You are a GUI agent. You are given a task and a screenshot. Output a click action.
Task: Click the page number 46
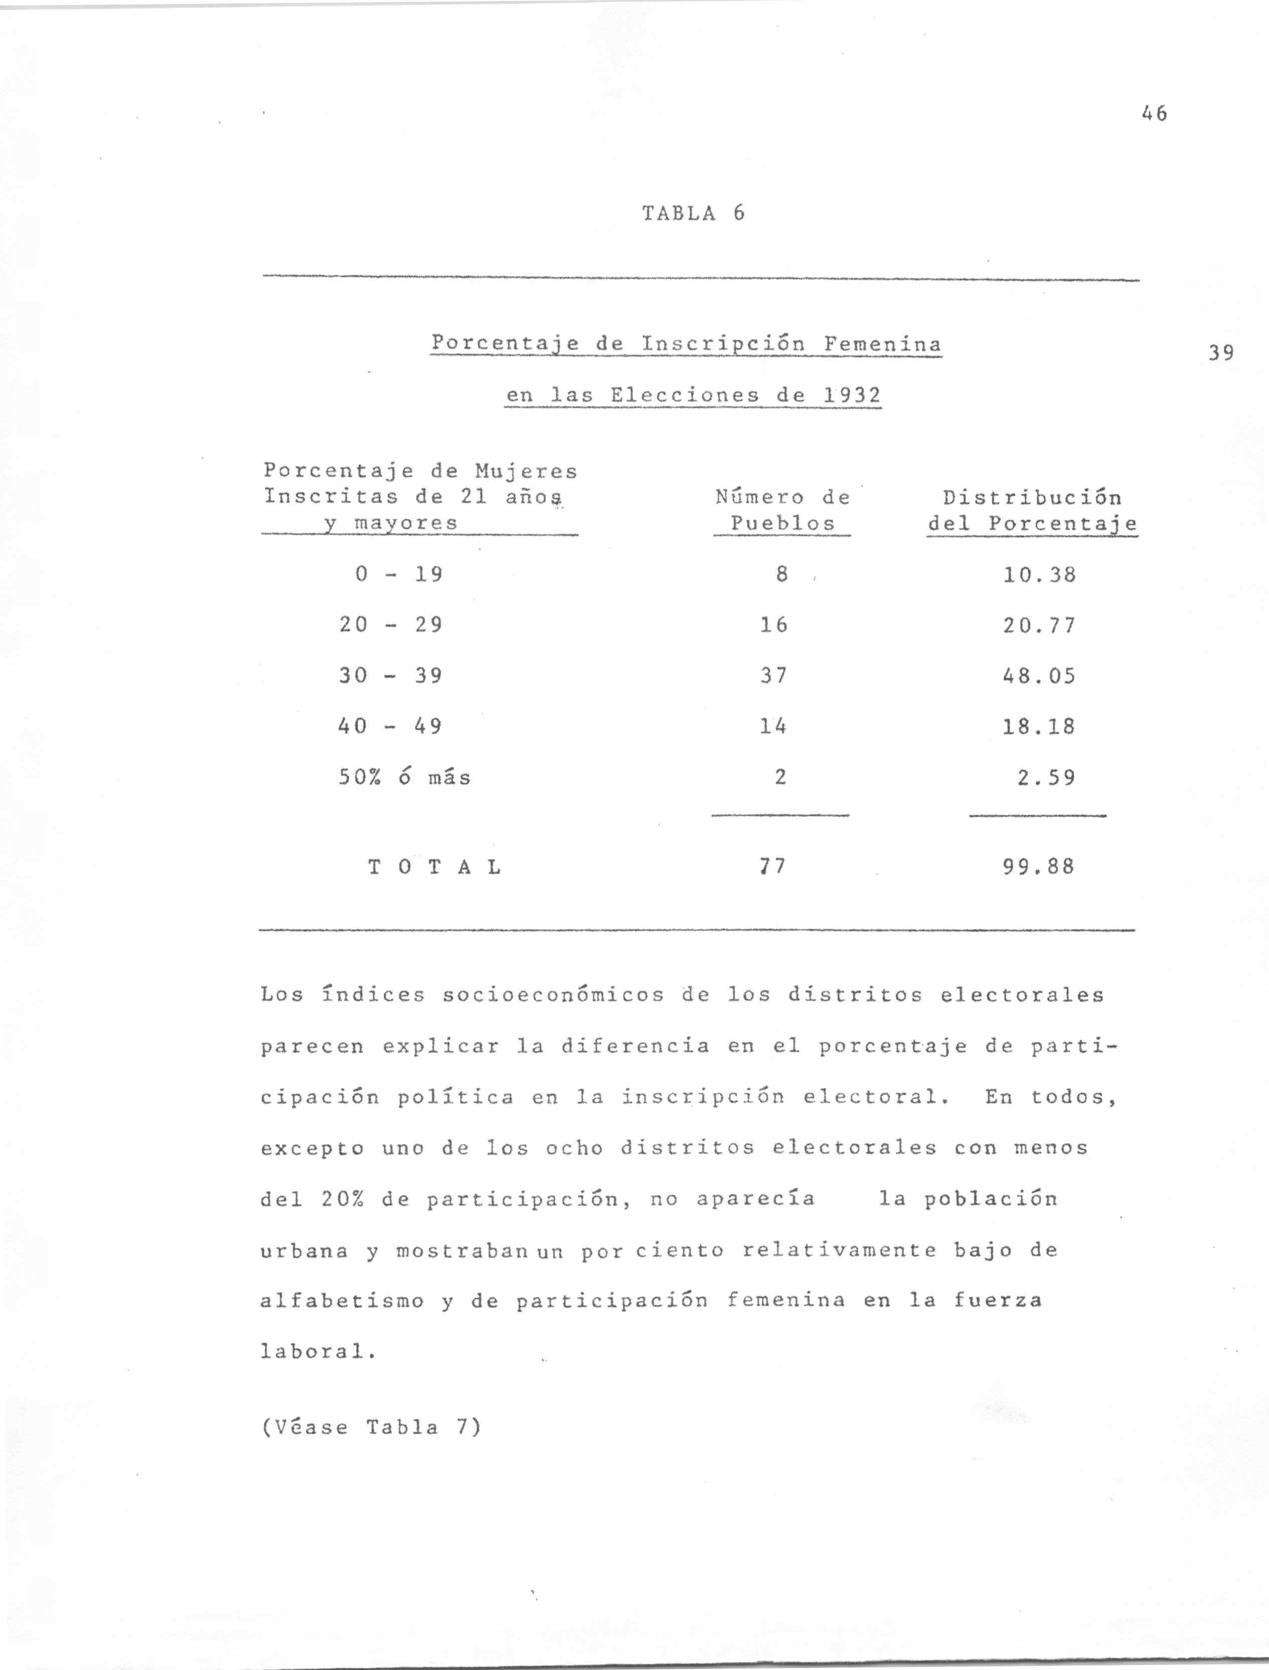(x=1154, y=114)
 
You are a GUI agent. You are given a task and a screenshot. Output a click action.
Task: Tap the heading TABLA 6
(x=693, y=214)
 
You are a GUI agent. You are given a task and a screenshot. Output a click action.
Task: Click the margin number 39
(x=1221, y=353)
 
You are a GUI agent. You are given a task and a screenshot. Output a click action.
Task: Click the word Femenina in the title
(x=882, y=345)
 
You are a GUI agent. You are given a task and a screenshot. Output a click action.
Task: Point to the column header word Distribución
(x=1032, y=498)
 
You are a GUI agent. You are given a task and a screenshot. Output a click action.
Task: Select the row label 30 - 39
(x=390, y=675)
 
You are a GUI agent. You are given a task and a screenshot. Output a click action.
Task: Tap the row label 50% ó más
(x=404, y=777)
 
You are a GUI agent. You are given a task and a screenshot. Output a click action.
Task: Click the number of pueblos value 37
(x=773, y=675)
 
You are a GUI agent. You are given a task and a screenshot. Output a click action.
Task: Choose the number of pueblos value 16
(x=773, y=625)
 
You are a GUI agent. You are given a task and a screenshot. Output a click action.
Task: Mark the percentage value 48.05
(x=1039, y=675)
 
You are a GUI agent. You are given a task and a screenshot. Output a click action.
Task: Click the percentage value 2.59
(x=1045, y=777)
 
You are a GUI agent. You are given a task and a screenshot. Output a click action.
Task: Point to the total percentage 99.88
(x=1038, y=866)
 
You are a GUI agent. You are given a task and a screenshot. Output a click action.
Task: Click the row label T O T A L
(x=435, y=867)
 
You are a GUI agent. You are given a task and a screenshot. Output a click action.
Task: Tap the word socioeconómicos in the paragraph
(x=553, y=995)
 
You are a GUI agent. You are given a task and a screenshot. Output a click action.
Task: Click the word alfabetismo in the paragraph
(x=342, y=1301)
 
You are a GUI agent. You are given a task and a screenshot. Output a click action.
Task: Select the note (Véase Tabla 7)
(x=370, y=1427)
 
